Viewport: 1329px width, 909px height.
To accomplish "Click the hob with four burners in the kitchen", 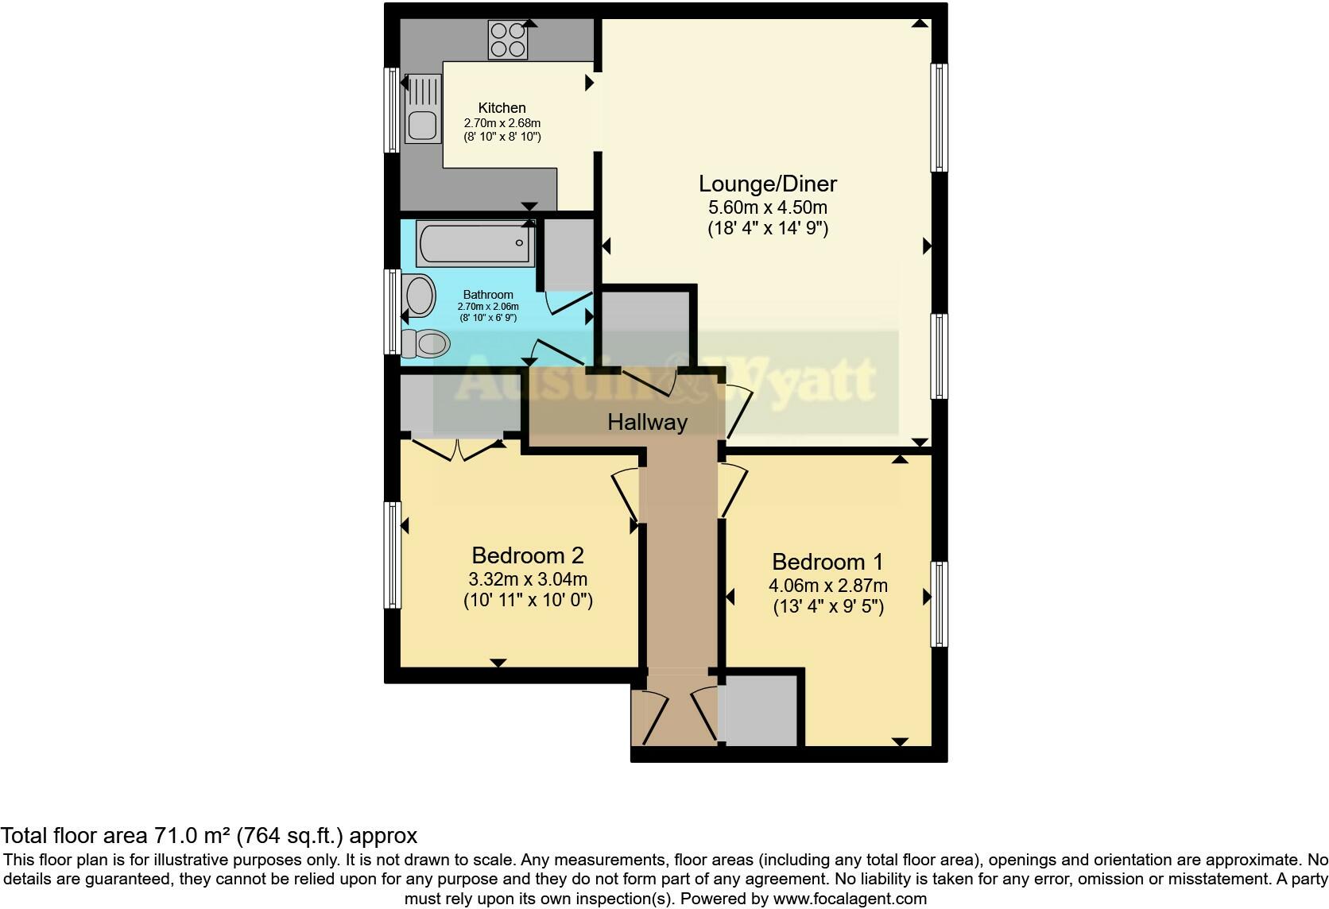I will pyautogui.click(x=508, y=40).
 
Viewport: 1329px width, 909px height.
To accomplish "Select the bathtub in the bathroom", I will pyautogui.click(x=475, y=244).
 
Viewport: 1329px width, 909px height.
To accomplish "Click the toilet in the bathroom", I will pyautogui.click(x=426, y=344).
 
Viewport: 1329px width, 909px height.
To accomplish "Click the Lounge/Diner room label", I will pyautogui.click(x=767, y=184).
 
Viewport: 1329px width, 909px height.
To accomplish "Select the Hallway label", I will pyautogui.click(x=647, y=422).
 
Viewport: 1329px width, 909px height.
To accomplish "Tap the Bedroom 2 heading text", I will pyautogui.click(x=528, y=555).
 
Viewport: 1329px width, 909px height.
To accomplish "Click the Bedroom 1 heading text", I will pyautogui.click(x=827, y=562).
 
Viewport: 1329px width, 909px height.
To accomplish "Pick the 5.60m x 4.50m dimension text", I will pyautogui.click(x=767, y=208).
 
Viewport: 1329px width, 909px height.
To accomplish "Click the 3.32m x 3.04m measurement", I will pyautogui.click(x=528, y=579).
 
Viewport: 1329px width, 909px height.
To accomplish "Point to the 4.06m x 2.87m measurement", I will pyautogui.click(x=827, y=586).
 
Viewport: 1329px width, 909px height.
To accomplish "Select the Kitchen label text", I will pyautogui.click(x=502, y=108).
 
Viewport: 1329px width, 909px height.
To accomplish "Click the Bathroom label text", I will pyautogui.click(x=488, y=295).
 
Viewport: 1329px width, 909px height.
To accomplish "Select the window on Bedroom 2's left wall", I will pyautogui.click(x=393, y=555).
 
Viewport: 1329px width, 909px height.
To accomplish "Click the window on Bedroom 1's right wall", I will pyautogui.click(x=939, y=604).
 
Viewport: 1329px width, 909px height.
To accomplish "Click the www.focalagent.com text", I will pyautogui.click(x=850, y=899).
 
